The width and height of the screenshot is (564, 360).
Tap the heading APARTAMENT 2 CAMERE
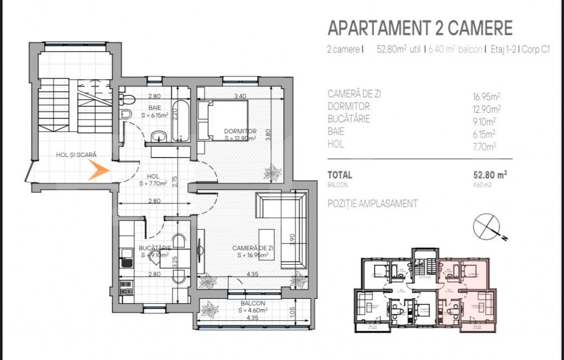[420, 28]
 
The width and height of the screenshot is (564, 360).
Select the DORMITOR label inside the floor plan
[240, 131]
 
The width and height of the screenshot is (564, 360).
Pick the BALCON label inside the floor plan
[253, 303]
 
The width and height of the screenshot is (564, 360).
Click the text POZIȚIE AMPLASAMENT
[372, 204]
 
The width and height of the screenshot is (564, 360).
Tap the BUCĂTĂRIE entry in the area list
[349, 119]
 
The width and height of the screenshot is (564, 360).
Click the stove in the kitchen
[126, 287]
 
